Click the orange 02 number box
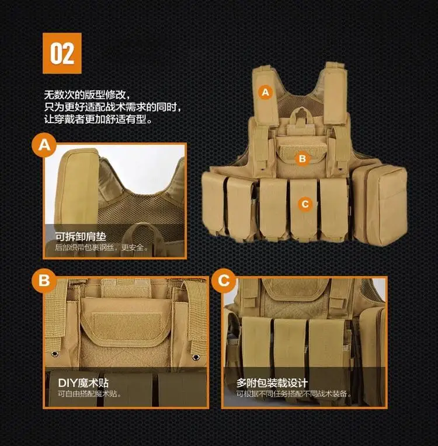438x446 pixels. [62, 53]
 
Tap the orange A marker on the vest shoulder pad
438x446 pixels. [265, 92]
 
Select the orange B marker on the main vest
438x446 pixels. [303, 158]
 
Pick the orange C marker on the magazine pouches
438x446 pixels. [305, 204]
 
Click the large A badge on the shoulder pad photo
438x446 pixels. [44, 145]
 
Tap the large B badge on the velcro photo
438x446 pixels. [44, 280]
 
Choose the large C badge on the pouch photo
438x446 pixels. [224, 280]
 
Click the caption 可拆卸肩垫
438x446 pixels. [81, 236]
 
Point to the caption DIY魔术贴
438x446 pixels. [83, 383]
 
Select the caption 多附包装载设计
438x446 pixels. [272, 383]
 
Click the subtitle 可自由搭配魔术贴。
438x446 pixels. [90, 394]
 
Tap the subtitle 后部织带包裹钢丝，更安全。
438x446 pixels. [102, 247]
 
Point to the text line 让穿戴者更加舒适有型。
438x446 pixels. [99, 119]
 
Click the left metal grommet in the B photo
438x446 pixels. [55, 354]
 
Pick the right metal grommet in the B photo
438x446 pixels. [196, 357]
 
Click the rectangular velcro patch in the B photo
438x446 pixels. [127, 326]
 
